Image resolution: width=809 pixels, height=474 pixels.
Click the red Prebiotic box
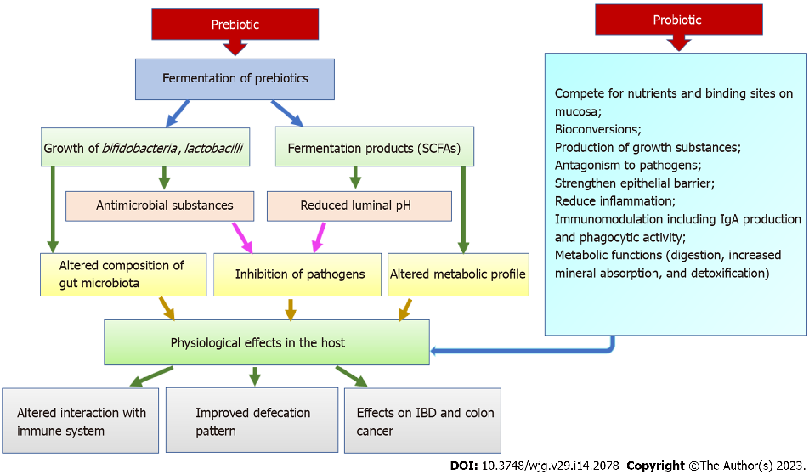234,25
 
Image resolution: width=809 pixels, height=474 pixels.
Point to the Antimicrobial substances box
161,206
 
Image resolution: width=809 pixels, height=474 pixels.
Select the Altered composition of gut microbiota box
122,274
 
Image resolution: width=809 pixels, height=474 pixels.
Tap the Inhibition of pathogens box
300,274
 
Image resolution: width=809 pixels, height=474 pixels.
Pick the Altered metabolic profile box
458,274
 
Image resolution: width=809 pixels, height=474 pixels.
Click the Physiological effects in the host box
267,343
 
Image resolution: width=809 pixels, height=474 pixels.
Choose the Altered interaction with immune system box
81,421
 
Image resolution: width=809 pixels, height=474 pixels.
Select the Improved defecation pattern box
253,421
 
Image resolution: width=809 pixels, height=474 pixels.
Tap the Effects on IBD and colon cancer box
422,421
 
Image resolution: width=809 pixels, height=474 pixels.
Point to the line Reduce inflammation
614,200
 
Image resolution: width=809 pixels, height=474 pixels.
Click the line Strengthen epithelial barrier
634,183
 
